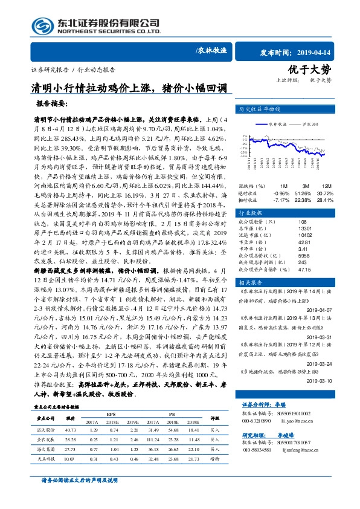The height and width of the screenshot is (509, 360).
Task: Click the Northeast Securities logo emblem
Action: (x=43, y=27)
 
